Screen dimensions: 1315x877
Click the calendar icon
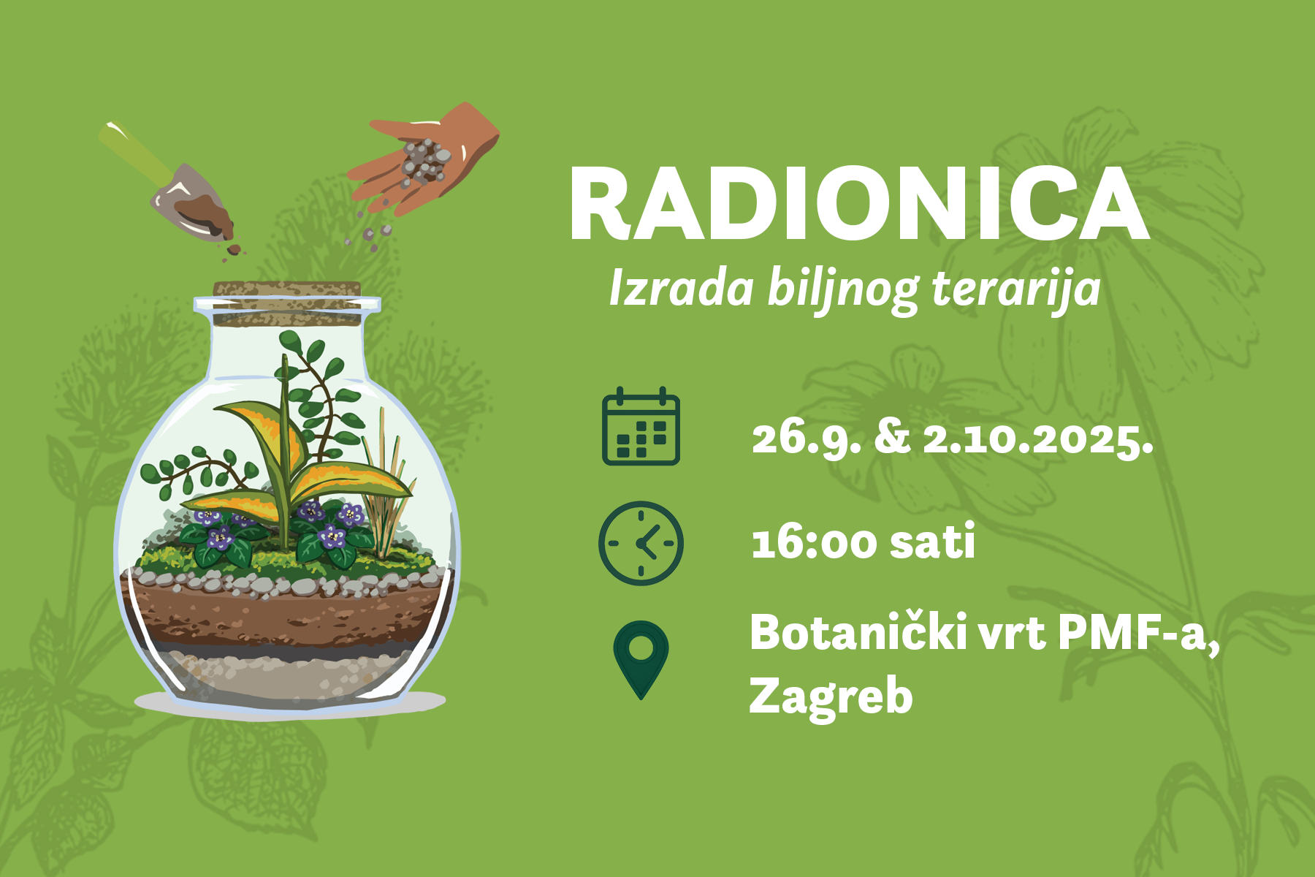641,426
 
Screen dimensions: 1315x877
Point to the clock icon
641,543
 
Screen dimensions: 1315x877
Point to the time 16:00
815,543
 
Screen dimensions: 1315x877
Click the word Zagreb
831,696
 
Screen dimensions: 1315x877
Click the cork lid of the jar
287,303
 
